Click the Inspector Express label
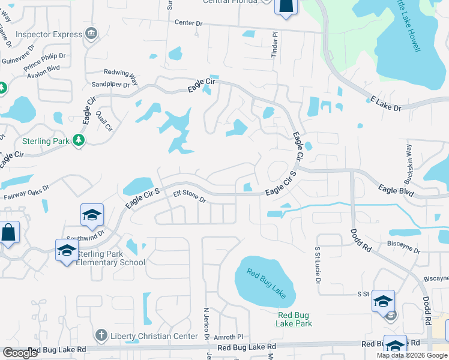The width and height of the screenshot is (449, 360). pyautogui.click(x=49, y=34)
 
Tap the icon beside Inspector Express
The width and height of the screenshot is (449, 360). pyautogui.click(x=91, y=33)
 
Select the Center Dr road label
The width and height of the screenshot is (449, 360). pyautogui.click(x=194, y=23)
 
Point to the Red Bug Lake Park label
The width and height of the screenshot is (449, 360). pyautogui.click(x=294, y=319)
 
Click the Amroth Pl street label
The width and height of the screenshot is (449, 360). pyautogui.click(x=231, y=338)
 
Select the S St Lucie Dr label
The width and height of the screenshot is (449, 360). pyautogui.click(x=317, y=264)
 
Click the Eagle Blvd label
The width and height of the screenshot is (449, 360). pyautogui.click(x=396, y=190)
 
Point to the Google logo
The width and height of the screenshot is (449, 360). pyautogui.click(x=20, y=353)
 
